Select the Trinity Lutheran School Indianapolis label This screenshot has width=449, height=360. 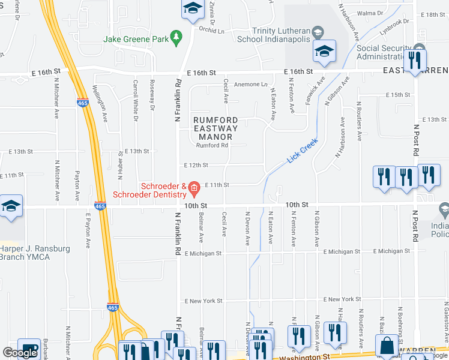tap(281, 35)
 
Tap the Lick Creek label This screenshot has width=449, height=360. tap(301, 151)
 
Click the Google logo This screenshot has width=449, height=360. tap(19, 353)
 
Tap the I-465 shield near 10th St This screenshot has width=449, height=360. tap(100, 206)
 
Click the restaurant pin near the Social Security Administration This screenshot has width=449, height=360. tap(414, 59)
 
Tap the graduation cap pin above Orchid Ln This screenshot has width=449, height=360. tap(193, 8)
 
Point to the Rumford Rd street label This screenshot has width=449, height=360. tap(212, 145)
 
